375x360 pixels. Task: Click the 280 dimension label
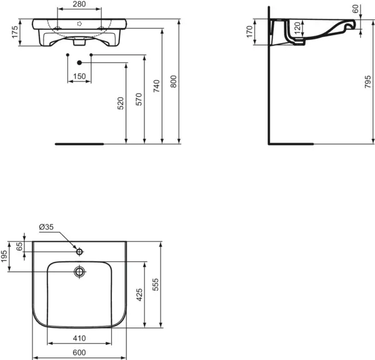click(79, 5)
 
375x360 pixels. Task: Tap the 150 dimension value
click(79, 76)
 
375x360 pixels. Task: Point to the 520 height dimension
click(121, 103)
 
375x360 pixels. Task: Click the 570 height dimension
click(139, 99)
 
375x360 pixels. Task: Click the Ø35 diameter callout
click(46, 226)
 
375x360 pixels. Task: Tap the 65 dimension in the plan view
click(19, 246)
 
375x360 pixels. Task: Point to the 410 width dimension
click(79, 338)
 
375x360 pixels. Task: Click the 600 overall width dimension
click(79, 352)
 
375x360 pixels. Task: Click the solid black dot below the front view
click(79, 63)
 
